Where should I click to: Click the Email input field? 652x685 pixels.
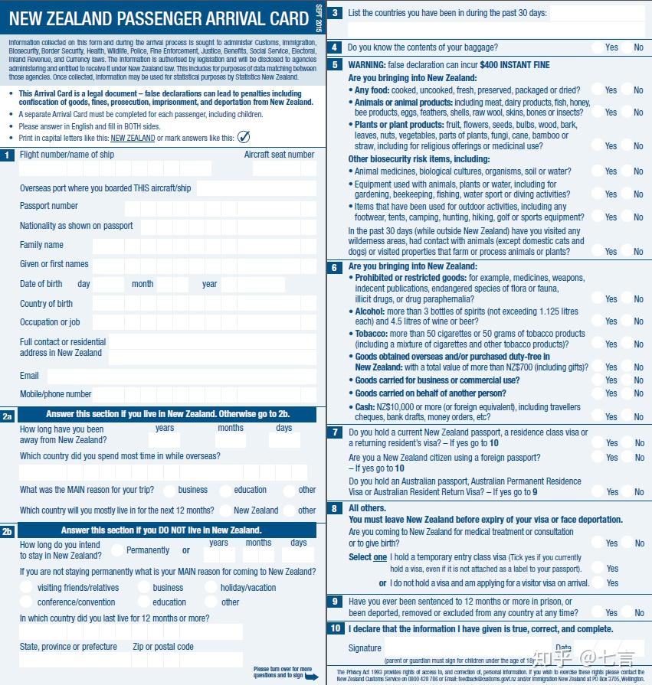pyautogui.click(x=182, y=377)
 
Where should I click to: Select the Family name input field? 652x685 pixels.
pyautogui.click(x=204, y=246)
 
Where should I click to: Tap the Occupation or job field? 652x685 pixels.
pyautogui.click(x=204, y=323)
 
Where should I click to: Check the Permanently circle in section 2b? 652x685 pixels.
pyautogui.click(x=117, y=550)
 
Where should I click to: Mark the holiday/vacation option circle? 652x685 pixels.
pyautogui.click(x=211, y=588)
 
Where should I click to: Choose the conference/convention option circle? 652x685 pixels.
pyautogui.click(x=27, y=602)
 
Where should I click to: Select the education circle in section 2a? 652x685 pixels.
pyautogui.click(x=225, y=491)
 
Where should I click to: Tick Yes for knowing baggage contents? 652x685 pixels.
pyautogui.click(x=598, y=47)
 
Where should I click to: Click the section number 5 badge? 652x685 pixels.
pyautogui.click(x=335, y=65)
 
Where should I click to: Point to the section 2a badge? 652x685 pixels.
pyautogui.click(x=8, y=416)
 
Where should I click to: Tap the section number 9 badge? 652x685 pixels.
pyautogui.click(x=335, y=602)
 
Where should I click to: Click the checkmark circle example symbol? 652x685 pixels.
pyautogui.click(x=244, y=138)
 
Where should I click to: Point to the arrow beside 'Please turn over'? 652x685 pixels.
pyautogui.click(x=311, y=677)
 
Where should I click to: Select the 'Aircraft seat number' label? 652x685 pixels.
pyautogui.click(x=279, y=155)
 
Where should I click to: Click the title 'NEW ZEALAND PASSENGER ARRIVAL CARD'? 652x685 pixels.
pyautogui.click(x=158, y=19)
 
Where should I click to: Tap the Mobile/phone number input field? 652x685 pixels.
pyautogui.click(x=204, y=395)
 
